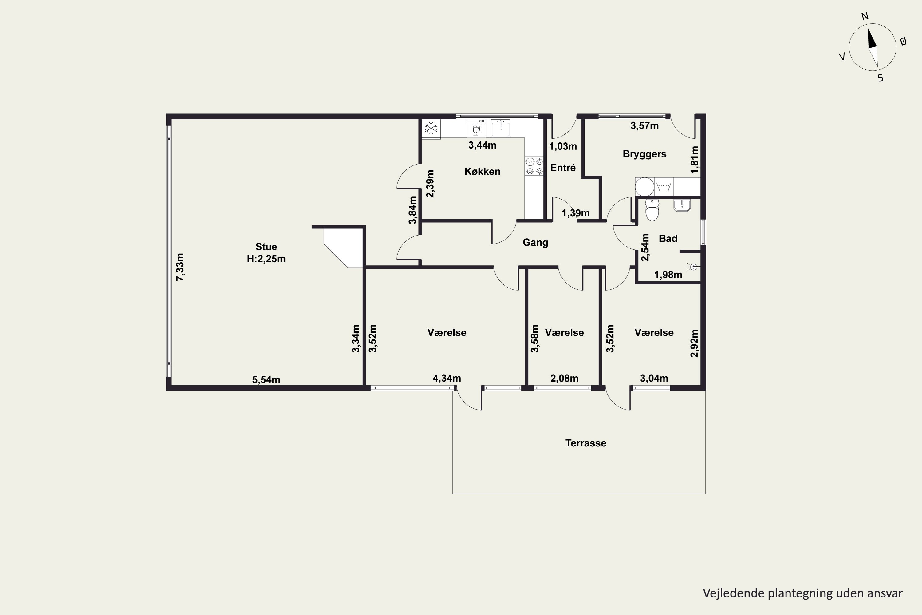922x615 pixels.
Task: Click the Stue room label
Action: [266, 247]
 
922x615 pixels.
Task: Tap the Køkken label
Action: [482, 171]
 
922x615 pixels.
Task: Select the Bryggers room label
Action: [644, 154]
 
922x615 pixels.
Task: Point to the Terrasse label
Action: [586, 443]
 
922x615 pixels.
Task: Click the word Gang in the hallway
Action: [535, 242]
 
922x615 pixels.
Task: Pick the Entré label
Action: [563, 168]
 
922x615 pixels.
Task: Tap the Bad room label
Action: [668, 239]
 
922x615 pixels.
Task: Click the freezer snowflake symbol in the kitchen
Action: [431, 128]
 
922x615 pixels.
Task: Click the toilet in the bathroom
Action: [652, 209]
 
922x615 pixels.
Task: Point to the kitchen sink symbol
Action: [501, 128]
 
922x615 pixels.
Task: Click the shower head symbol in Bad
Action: [693, 267]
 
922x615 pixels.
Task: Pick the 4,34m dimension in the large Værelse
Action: [447, 378]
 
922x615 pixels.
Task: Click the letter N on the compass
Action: [865, 16]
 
